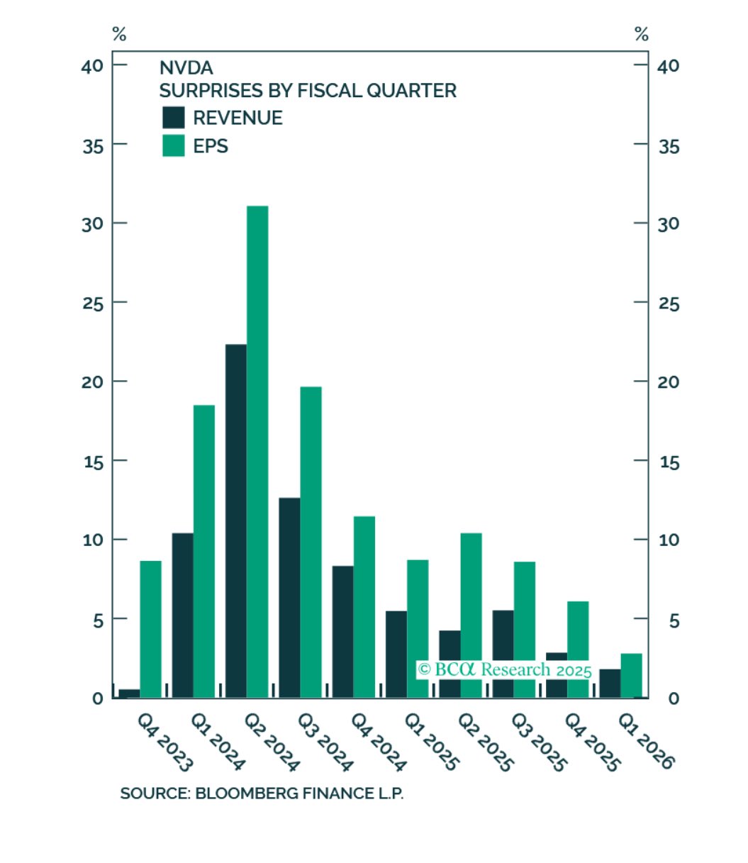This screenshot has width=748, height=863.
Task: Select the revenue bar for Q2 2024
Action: [x=236, y=520]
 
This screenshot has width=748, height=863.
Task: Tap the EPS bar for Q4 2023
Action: [x=150, y=629]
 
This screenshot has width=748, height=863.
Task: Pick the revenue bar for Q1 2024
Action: [x=182, y=615]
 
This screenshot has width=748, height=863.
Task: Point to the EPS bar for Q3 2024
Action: [x=311, y=542]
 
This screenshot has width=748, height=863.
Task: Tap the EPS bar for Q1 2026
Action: [x=631, y=675]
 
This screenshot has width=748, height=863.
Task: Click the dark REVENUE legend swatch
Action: [x=174, y=118]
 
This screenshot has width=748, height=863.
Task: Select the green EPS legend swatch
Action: [x=174, y=145]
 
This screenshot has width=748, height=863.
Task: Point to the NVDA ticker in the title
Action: [x=186, y=68]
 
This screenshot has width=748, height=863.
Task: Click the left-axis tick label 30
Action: [x=93, y=223]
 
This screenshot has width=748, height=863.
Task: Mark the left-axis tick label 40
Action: [x=93, y=65]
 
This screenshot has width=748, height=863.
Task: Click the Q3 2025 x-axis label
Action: [x=539, y=742]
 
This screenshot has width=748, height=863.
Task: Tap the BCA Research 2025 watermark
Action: [x=504, y=669]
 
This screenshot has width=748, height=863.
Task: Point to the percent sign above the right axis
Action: [x=642, y=34]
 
